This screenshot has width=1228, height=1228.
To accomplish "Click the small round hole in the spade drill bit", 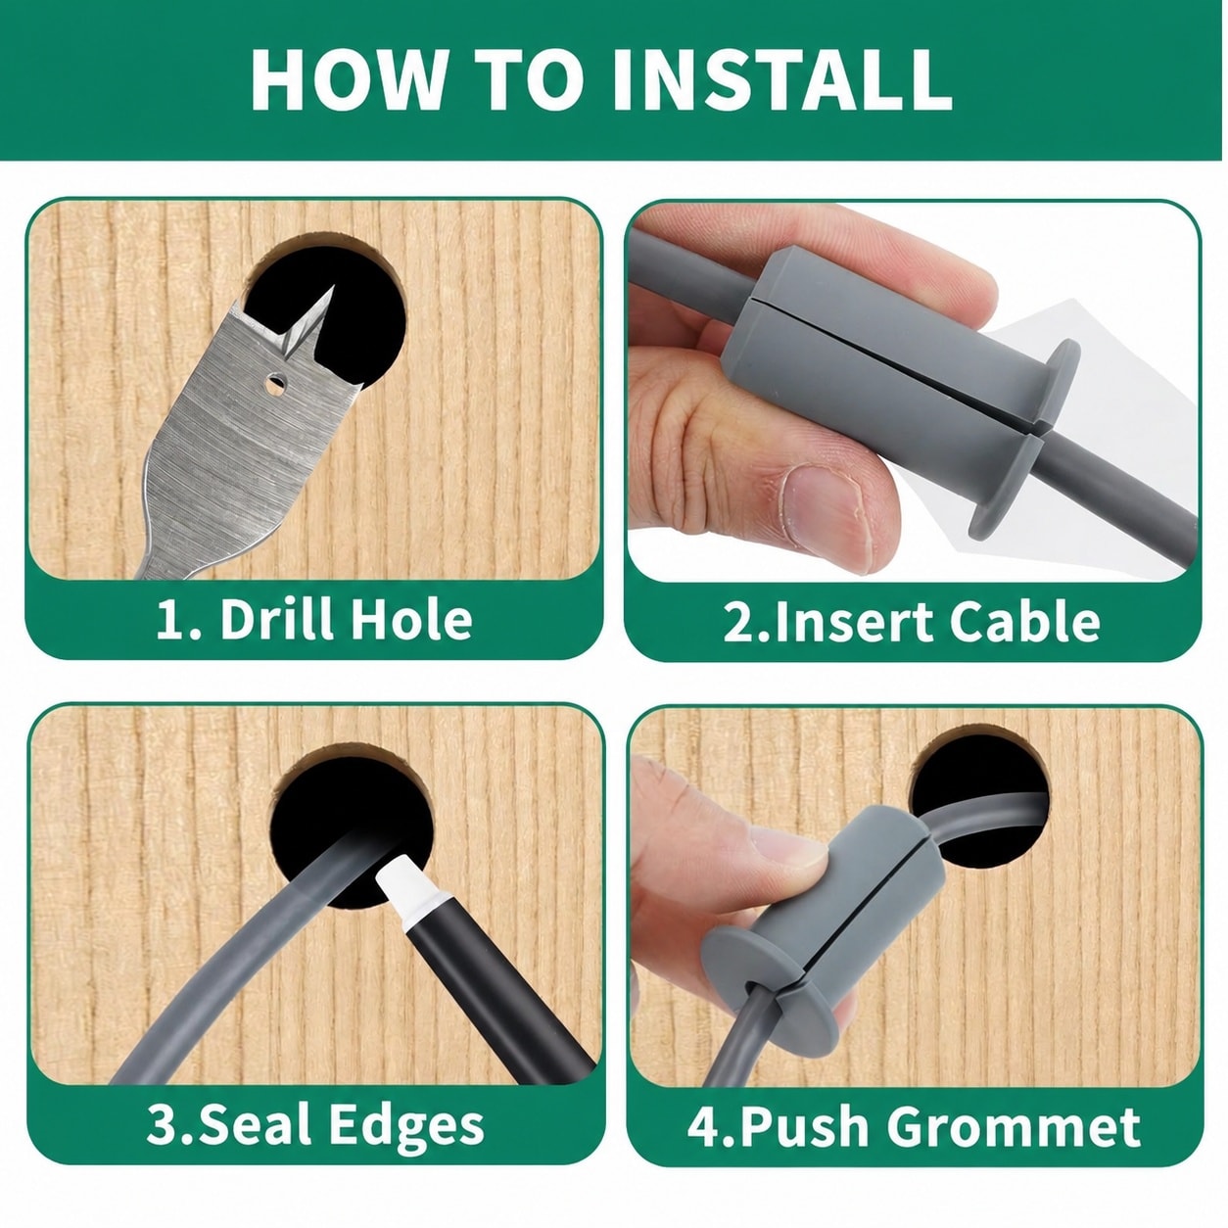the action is click(276, 384).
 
